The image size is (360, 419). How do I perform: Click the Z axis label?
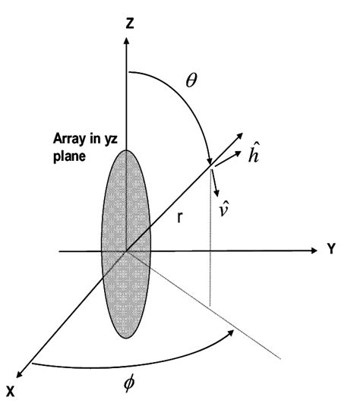point(131,24)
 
